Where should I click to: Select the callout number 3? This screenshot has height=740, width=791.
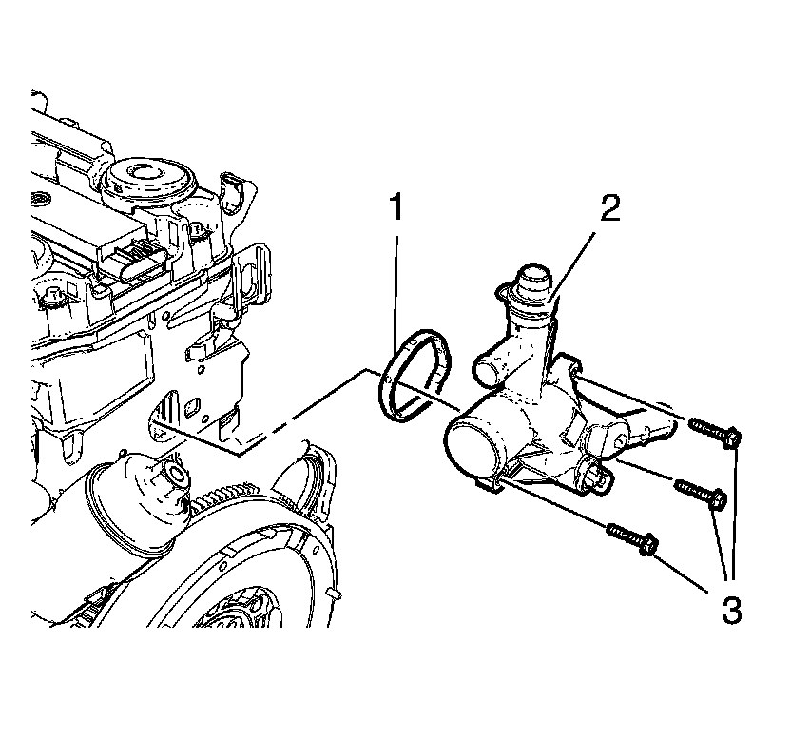(x=729, y=609)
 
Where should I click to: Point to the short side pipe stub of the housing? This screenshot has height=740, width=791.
(x=487, y=361)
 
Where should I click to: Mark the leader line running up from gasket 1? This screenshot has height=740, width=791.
(x=397, y=285)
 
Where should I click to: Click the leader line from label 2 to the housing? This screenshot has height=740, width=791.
(x=575, y=262)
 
